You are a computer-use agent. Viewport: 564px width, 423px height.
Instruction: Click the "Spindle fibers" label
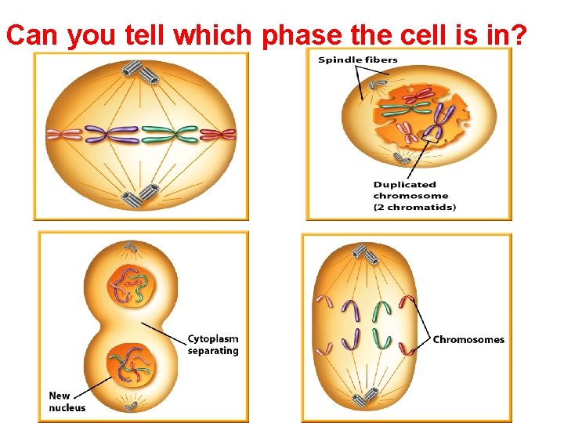[x=358, y=60]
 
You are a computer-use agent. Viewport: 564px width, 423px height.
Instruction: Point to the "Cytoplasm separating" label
[x=213, y=345]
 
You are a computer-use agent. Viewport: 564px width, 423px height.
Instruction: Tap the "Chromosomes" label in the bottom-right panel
[x=468, y=339]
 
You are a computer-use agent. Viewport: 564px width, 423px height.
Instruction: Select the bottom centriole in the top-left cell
[x=141, y=193]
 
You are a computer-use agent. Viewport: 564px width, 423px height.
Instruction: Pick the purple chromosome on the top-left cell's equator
[x=111, y=135]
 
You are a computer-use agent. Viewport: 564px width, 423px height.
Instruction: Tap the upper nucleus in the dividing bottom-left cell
[x=130, y=285]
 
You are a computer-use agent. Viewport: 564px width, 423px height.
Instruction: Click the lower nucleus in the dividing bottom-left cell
[x=131, y=364]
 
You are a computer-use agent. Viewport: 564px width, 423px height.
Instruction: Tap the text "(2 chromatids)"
[x=414, y=207]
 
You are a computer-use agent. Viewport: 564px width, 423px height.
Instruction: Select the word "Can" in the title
[x=33, y=35]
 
